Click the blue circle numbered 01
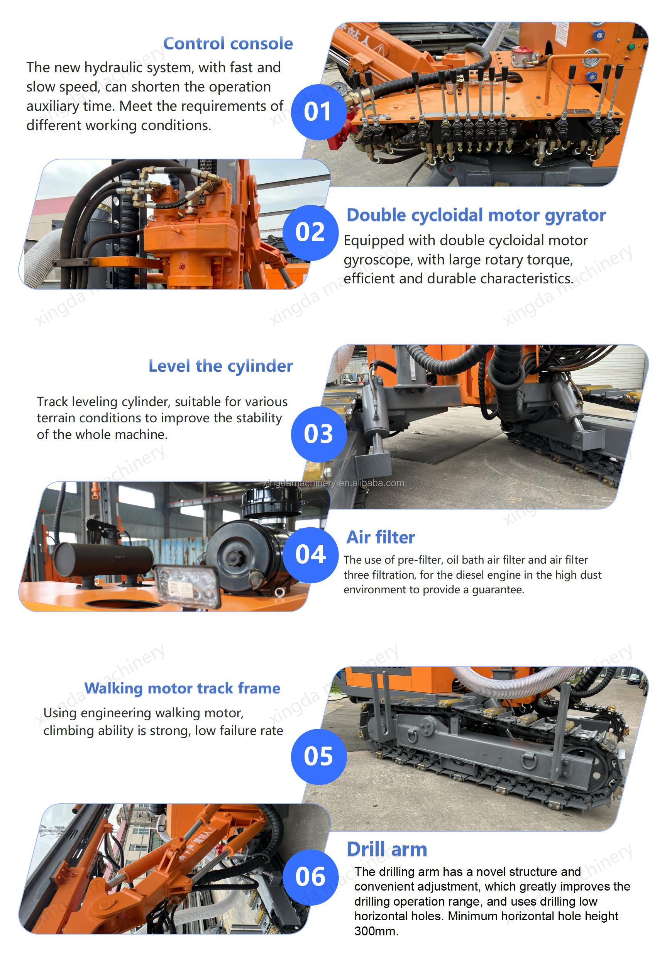pos(319,112)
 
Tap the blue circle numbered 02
pos(310,232)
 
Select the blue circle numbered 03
pos(319,434)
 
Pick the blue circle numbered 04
pos(310,555)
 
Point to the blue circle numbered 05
pos(319,756)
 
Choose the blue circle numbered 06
pos(310,877)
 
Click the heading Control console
pos(228,44)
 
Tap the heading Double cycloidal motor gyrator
pos(476,216)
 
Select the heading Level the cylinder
pos(221,366)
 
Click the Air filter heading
pos(381,537)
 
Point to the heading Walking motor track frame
pos(182,688)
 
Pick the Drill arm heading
pos(387,850)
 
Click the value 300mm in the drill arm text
pos(376,931)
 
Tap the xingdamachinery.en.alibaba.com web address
pos(333,483)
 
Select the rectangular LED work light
pos(187,586)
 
